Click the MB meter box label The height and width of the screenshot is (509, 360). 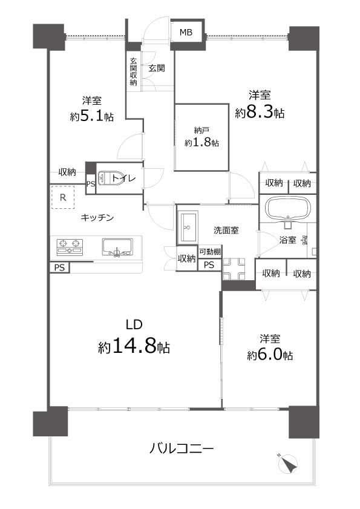tap(186, 32)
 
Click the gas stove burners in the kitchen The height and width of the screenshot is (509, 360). tap(70, 246)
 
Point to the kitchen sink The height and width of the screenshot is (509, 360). tap(117, 247)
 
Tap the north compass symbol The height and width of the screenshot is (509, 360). tap(288, 464)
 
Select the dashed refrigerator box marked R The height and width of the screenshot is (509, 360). tap(63, 197)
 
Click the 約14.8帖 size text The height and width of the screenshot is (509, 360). tap(134, 347)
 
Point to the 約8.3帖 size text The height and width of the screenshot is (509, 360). tap(260, 113)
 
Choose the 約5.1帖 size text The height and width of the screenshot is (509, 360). tap(92, 116)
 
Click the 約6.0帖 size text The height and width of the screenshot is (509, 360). tap(270, 355)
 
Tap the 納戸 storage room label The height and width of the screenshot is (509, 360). tap(201, 131)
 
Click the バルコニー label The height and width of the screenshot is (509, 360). tap(182, 449)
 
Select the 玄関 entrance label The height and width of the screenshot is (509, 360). tap(157, 68)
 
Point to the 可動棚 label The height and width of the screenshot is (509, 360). tap(210, 251)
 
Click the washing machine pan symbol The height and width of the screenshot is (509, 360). tap(234, 269)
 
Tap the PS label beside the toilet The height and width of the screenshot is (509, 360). tap(91, 184)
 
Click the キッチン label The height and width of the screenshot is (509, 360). tap(97, 217)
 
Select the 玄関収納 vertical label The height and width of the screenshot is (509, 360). tap(134, 71)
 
